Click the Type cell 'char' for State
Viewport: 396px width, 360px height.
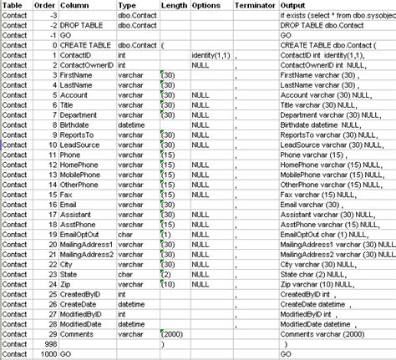[x=125, y=272]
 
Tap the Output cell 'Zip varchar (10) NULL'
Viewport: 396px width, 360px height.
[x=321, y=284]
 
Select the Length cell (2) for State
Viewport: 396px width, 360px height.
[x=166, y=272]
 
